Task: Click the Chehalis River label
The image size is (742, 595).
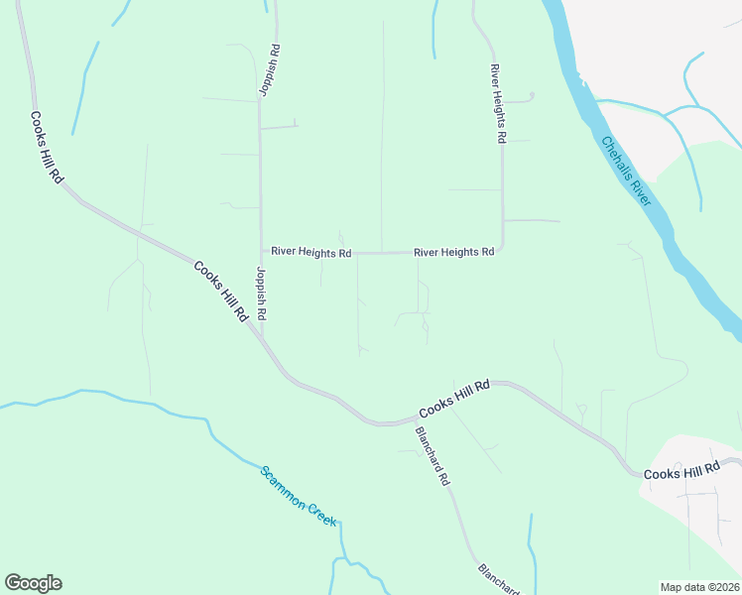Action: click(626, 171)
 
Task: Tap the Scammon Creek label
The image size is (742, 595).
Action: click(299, 495)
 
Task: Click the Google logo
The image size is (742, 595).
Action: click(33, 583)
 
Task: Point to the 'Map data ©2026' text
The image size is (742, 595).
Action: click(700, 587)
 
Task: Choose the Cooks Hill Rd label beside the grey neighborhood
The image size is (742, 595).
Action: click(681, 474)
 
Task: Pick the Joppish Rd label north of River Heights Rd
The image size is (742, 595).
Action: click(269, 68)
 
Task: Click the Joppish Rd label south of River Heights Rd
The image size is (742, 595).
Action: click(262, 293)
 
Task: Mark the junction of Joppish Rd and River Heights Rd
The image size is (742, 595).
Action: click(261, 252)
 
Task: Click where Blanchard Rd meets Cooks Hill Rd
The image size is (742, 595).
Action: click(411, 420)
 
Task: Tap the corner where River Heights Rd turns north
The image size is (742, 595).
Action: click(502, 248)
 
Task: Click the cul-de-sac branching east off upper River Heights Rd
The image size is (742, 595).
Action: click(533, 96)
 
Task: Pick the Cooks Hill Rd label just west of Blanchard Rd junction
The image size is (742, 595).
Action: click(454, 399)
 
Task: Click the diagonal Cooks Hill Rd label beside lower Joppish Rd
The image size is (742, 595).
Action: click(220, 292)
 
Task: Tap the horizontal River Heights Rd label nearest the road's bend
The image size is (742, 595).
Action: click(453, 253)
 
